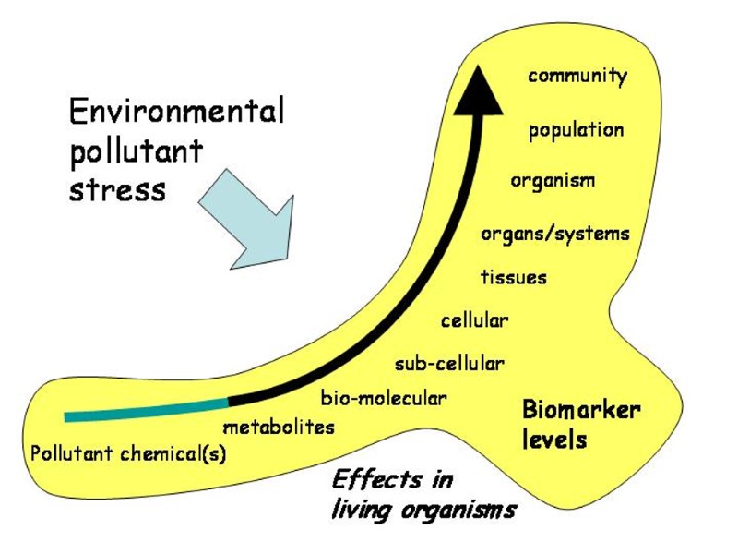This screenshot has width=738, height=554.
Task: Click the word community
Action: [x=577, y=76]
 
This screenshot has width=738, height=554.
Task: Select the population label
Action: [x=576, y=130]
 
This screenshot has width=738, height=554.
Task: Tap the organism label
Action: [x=553, y=180]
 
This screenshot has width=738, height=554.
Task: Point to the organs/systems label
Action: [x=554, y=234]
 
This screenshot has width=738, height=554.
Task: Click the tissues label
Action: [x=513, y=277]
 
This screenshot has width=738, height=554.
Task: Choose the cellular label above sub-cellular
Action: [x=474, y=321]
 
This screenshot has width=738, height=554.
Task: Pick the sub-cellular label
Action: [x=449, y=364]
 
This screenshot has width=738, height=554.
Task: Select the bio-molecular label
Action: [x=383, y=399]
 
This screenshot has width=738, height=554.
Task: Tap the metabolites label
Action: [x=279, y=428]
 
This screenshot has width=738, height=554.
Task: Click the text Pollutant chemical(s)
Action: [x=128, y=454]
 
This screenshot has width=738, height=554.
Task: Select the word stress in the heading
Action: [x=117, y=190]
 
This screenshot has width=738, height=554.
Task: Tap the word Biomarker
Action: [x=581, y=410]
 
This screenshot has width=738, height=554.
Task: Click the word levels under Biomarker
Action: [x=553, y=440]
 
